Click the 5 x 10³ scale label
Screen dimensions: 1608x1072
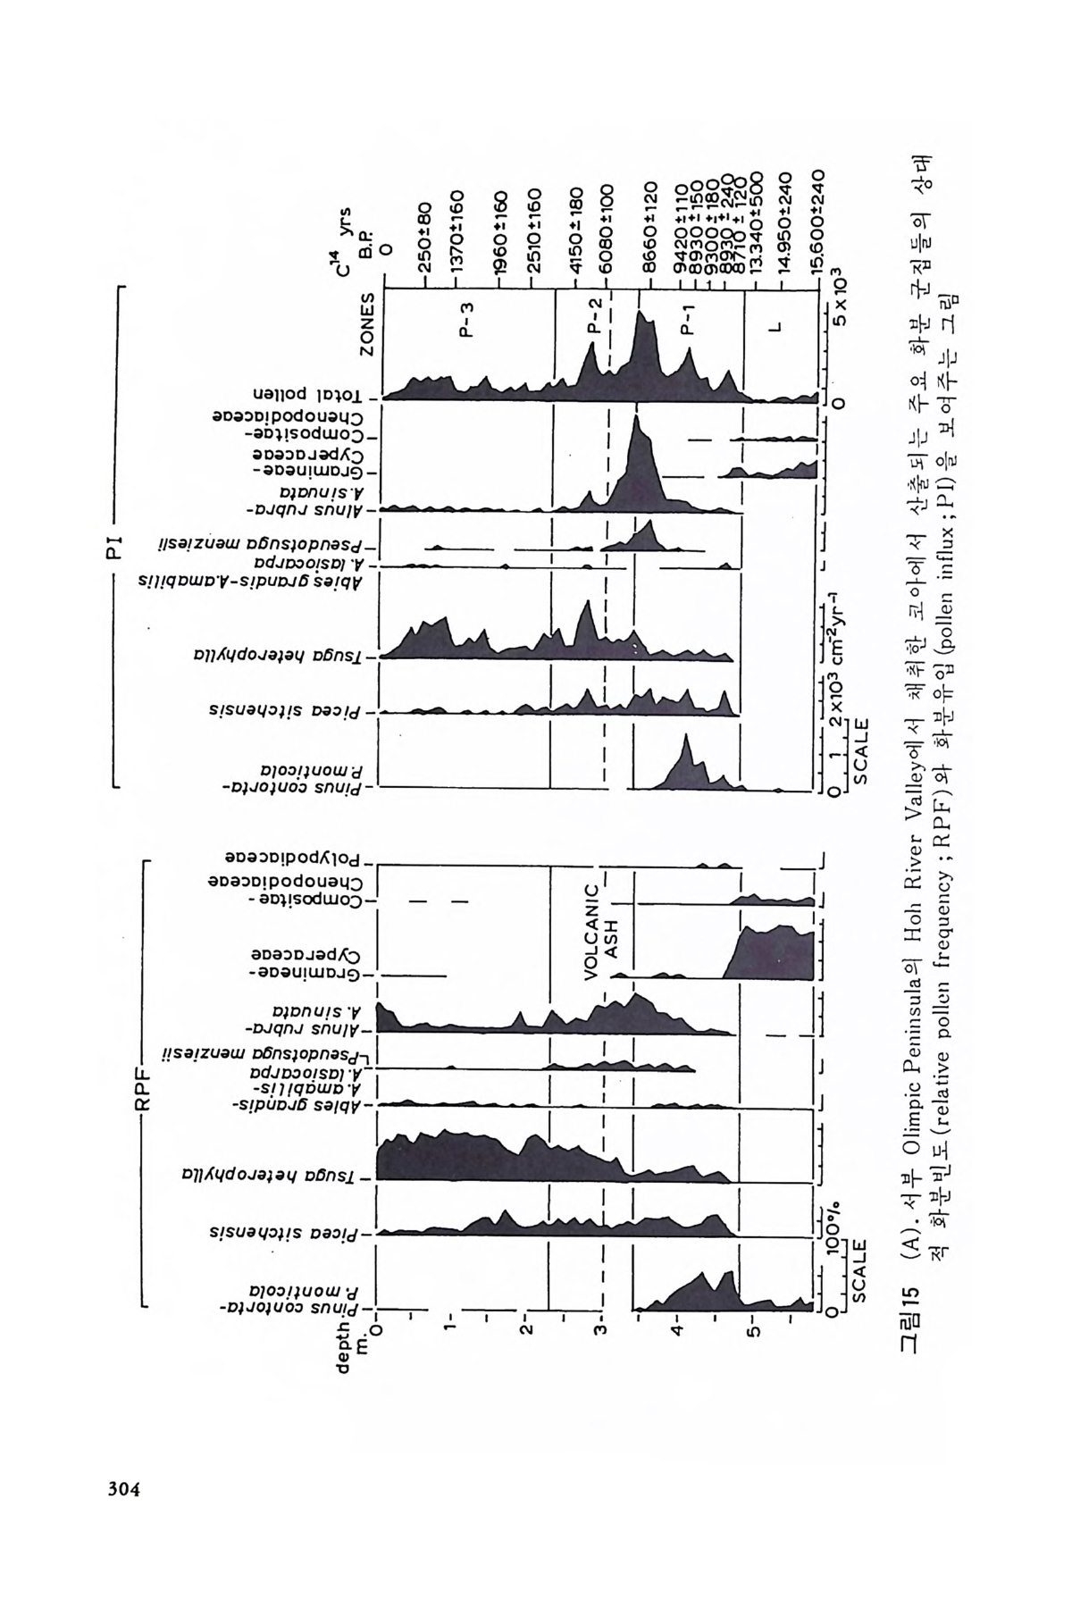tap(839, 292)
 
